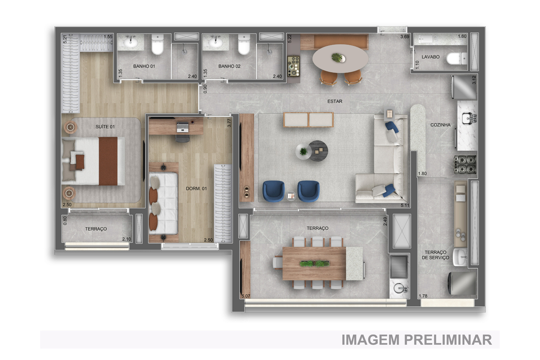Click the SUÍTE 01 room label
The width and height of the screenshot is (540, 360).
(x=105, y=127)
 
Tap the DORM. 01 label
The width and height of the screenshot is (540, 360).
(x=196, y=188)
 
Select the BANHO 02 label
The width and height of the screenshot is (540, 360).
(x=229, y=66)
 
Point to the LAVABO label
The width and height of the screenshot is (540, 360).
(x=430, y=57)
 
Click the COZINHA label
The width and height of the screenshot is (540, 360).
(x=440, y=125)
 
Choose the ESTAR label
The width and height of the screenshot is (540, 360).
(x=335, y=101)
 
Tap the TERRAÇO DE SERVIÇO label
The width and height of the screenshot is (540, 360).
(x=436, y=255)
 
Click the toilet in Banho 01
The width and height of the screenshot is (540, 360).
(x=157, y=44)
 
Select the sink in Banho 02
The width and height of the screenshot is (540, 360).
(x=216, y=42)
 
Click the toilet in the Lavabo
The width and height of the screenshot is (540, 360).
(x=457, y=59)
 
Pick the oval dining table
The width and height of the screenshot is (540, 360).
(x=340, y=59)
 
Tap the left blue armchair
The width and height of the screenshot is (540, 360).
(x=274, y=191)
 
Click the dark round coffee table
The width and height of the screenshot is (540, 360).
(x=318, y=151)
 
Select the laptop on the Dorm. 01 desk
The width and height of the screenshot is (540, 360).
(x=182, y=128)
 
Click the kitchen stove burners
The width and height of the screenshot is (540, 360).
(x=465, y=164)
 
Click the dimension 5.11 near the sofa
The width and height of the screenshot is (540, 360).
(x=405, y=206)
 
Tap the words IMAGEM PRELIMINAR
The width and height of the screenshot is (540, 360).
(x=417, y=339)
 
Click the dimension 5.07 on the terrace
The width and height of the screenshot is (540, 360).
(x=246, y=296)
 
